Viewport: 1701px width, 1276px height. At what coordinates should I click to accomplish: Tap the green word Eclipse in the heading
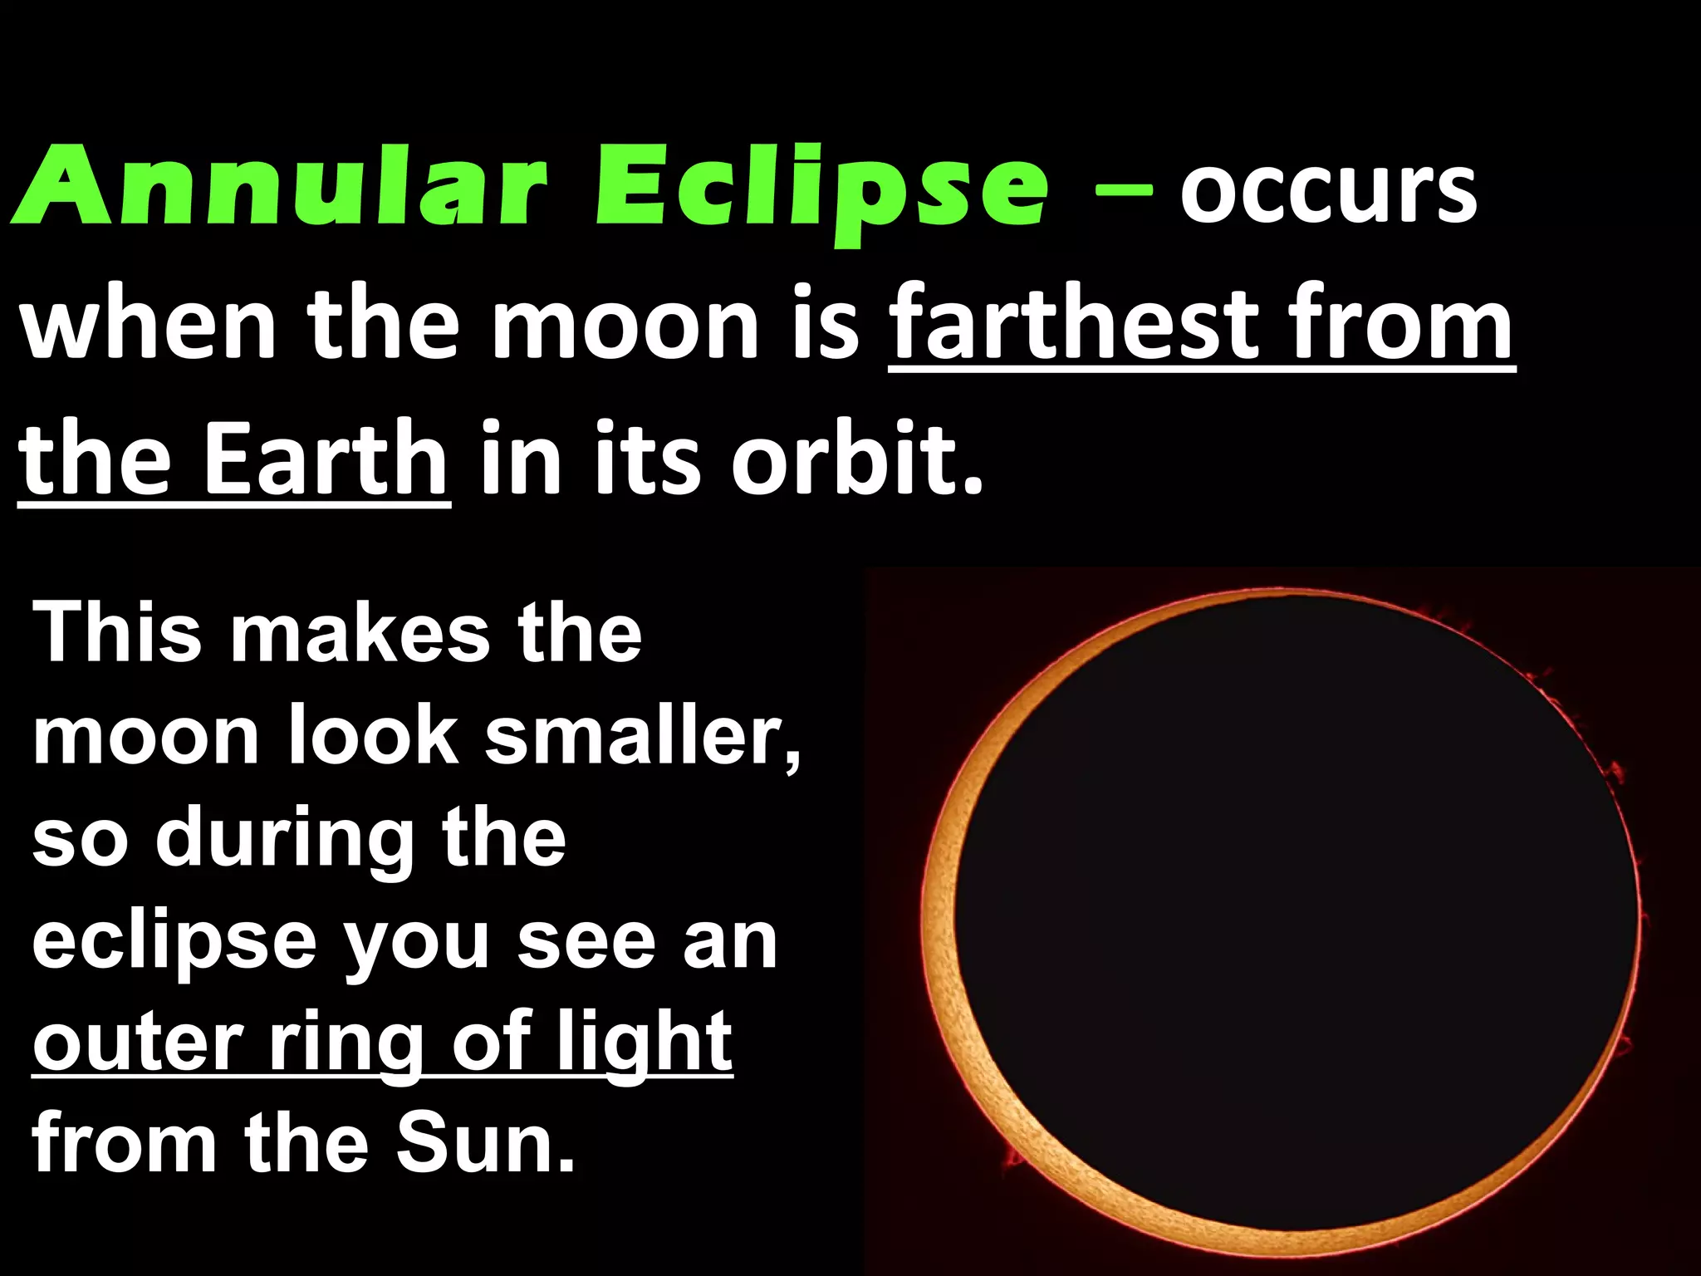tap(822, 191)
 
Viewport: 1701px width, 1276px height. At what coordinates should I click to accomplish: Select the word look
tap(373, 736)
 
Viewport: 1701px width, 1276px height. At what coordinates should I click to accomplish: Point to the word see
tap(586, 942)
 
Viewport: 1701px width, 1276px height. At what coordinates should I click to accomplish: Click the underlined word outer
tap(136, 1043)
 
